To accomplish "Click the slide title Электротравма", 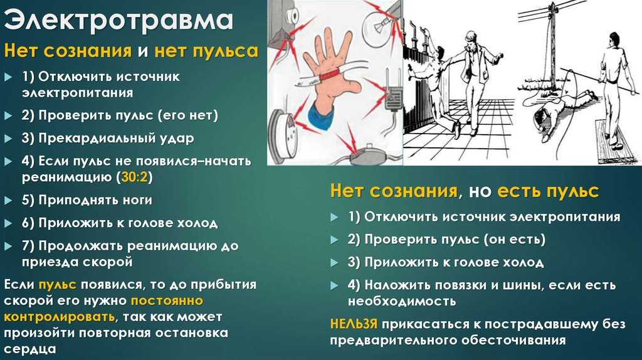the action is (118, 19).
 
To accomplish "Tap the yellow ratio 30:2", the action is (134, 177).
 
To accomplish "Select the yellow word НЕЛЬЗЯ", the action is (354, 324).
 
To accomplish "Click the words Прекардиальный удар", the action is (116, 139).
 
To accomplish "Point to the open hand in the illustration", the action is (332, 71).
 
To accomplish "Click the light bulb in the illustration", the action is (379, 22).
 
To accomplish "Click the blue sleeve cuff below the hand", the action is (324, 115).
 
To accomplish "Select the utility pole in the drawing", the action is (552, 45).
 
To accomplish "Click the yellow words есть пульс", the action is (548, 191).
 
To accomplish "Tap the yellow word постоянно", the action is (167, 301).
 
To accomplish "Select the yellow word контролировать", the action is (60, 317).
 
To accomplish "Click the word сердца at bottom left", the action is (29, 349).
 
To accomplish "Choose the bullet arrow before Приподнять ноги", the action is (8, 201).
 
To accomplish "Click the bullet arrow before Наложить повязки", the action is (334, 285).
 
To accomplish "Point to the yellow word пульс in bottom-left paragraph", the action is (57, 285).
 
